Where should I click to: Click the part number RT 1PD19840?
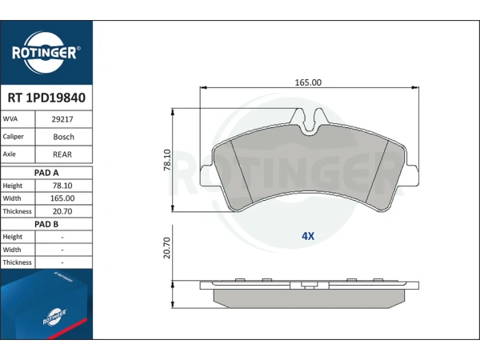tap(46, 98)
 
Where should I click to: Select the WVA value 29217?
tap(62, 119)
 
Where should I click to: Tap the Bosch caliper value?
tap(64, 137)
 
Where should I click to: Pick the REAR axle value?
tap(62, 154)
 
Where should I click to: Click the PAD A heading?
tap(46, 173)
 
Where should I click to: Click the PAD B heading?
tap(46, 224)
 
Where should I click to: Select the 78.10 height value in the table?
tap(62, 186)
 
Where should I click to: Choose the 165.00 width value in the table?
tap(62, 198)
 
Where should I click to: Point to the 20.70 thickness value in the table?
tap(62, 211)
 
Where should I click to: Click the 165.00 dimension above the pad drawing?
tap(308, 82)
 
